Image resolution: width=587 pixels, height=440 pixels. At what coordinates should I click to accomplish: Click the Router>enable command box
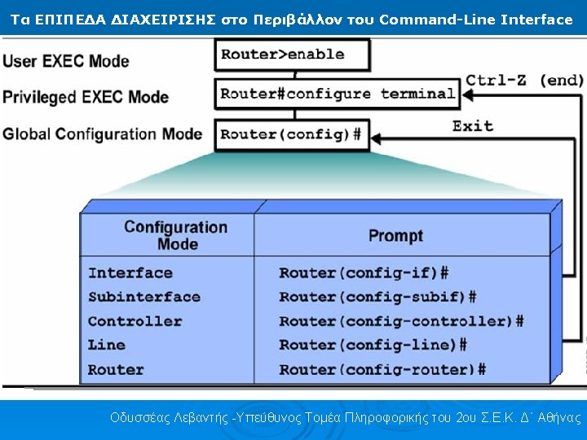(x=293, y=55)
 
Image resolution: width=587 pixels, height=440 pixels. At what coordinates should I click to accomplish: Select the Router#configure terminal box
(x=338, y=94)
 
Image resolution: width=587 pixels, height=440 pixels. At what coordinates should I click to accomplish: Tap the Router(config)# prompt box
(x=291, y=134)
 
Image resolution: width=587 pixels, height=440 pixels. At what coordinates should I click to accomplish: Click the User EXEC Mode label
(x=66, y=61)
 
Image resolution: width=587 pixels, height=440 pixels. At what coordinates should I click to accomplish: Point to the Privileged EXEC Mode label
(x=86, y=98)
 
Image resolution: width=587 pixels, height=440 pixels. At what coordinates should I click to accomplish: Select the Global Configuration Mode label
(x=102, y=134)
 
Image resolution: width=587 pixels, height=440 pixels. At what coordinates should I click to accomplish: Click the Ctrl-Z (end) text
(x=524, y=80)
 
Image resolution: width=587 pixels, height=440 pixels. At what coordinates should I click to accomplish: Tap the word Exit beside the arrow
(x=473, y=125)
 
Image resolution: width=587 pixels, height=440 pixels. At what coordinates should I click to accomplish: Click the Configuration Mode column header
(x=175, y=235)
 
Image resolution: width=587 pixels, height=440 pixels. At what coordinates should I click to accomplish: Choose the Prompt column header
(x=395, y=236)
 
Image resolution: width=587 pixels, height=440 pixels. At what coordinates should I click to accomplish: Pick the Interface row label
(x=130, y=273)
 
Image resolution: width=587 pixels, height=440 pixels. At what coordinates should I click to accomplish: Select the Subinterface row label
(x=143, y=297)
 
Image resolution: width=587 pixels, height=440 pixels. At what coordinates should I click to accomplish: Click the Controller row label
(x=135, y=321)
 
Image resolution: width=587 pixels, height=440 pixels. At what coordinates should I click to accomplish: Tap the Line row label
(x=107, y=345)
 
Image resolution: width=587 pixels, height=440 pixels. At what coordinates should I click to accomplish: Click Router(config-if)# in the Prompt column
(x=364, y=273)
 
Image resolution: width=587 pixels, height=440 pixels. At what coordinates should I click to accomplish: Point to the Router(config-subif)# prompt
(x=377, y=297)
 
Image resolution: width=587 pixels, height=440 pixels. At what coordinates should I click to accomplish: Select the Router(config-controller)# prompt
(x=401, y=321)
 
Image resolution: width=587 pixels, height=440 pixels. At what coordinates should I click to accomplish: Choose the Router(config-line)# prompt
(x=373, y=345)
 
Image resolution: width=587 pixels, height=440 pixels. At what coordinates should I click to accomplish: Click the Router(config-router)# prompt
(x=382, y=369)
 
